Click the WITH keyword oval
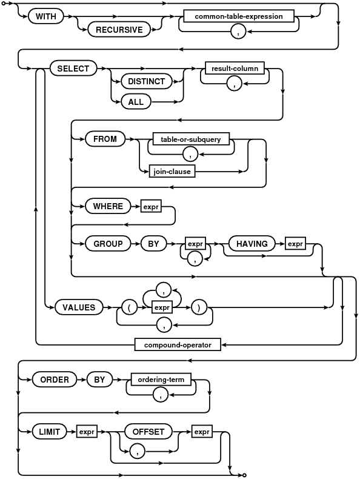pyautogui.click(x=46, y=16)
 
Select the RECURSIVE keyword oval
pyautogui.click(x=119, y=30)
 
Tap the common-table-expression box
pyautogui.click(x=239, y=16)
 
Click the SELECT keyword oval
pyautogui.click(x=73, y=69)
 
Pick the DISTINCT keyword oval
pyautogui.click(x=146, y=81)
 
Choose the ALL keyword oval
pyautogui.click(x=136, y=102)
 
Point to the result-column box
pyautogui.click(x=235, y=68)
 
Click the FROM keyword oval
pyautogui.click(x=105, y=139)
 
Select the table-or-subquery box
pyautogui.click(x=191, y=139)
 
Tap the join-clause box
pyautogui.click(x=172, y=172)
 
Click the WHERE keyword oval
pyautogui.click(x=108, y=206)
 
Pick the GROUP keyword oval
pyautogui.click(x=108, y=244)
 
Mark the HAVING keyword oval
pyautogui.click(x=252, y=244)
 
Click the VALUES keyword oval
pyautogui.click(x=79, y=307)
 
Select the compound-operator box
pyautogui.click(x=178, y=344)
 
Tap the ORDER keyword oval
pyautogui.click(x=55, y=380)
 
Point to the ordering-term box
pyautogui.click(x=161, y=380)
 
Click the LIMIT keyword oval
pyautogui.click(x=50, y=432)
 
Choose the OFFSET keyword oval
pyautogui.click(x=148, y=432)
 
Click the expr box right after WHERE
pyautogui.click(x=151, y=206)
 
